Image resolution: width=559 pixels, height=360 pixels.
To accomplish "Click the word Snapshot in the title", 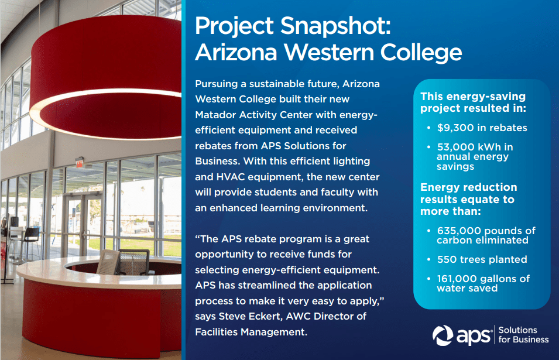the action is coord(335,26).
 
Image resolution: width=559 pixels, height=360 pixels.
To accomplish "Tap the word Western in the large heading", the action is coord(329,53).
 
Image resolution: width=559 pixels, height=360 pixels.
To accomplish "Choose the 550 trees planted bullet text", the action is coord(482,259).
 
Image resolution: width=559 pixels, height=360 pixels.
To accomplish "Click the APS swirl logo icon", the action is coord(443,335).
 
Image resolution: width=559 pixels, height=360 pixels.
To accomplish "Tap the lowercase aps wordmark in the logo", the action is coord(474,336).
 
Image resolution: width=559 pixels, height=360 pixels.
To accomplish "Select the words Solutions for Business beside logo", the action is coord(523,335).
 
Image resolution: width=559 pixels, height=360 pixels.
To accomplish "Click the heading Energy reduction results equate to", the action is coord(468,199).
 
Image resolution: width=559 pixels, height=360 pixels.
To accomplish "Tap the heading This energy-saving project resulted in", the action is coord(473,102).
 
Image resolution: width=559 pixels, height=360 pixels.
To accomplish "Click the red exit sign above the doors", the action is coord(79,163).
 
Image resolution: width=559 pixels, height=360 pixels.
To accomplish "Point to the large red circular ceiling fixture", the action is coord(106,77).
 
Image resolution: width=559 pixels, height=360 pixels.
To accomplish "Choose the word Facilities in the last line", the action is coord(217,332).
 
